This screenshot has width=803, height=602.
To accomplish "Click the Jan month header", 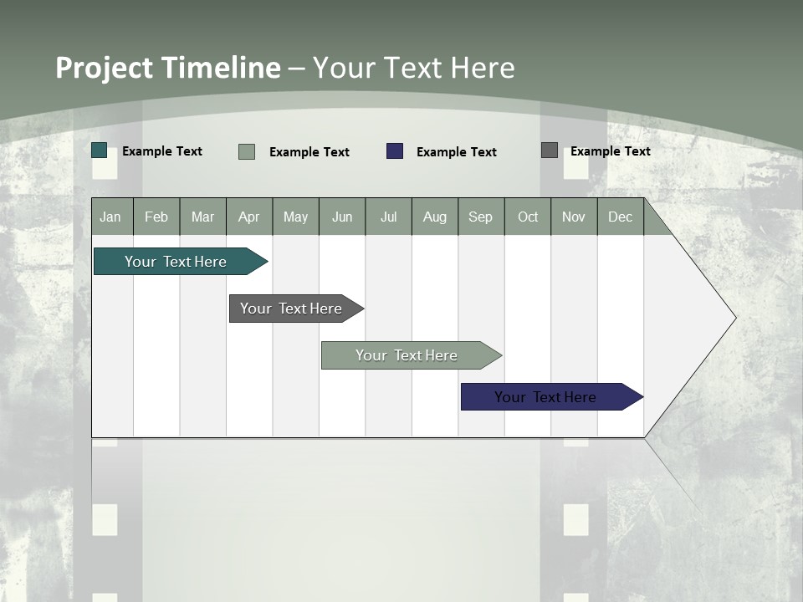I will point(111,217).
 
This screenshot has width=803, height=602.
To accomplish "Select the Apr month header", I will point(249,217).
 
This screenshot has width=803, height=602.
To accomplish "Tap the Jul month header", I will point(388,217).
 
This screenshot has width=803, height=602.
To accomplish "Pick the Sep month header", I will point(481,217).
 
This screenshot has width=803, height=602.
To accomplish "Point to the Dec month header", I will point(620,217).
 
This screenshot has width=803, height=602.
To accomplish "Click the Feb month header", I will point(156,217).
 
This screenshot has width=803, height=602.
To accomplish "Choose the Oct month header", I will point(528,217).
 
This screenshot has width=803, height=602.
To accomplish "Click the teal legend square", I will point(100,150).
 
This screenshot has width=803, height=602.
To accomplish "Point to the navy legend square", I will point(395,151).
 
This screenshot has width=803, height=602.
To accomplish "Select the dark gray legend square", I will point(550,150).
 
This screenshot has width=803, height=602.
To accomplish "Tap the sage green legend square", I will point(247,151).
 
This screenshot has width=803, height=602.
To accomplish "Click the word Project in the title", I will point(104,68).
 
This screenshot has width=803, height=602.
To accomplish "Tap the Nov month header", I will point(574,217).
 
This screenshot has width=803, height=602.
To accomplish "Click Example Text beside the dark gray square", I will point(610,151).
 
